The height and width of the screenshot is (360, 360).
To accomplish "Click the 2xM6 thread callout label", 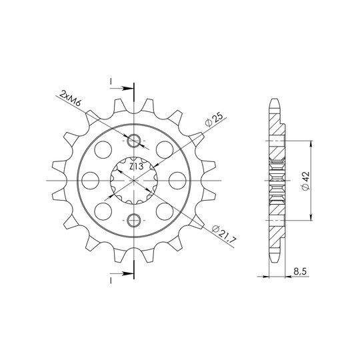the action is coord(70,98).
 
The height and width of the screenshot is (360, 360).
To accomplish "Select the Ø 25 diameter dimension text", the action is coord(214,120).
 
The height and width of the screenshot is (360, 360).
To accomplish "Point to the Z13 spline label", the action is coord(136,167).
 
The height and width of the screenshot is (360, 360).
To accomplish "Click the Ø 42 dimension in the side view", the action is coord(305,181).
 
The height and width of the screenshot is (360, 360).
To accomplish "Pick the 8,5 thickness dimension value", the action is coord(300,272).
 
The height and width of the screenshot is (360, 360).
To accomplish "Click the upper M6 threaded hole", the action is coord(133,141).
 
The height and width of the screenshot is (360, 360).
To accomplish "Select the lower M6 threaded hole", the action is coord(133,221).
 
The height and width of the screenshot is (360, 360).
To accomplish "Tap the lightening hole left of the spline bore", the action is coord(90,181).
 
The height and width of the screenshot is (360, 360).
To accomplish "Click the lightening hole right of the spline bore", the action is coord(177,181).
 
